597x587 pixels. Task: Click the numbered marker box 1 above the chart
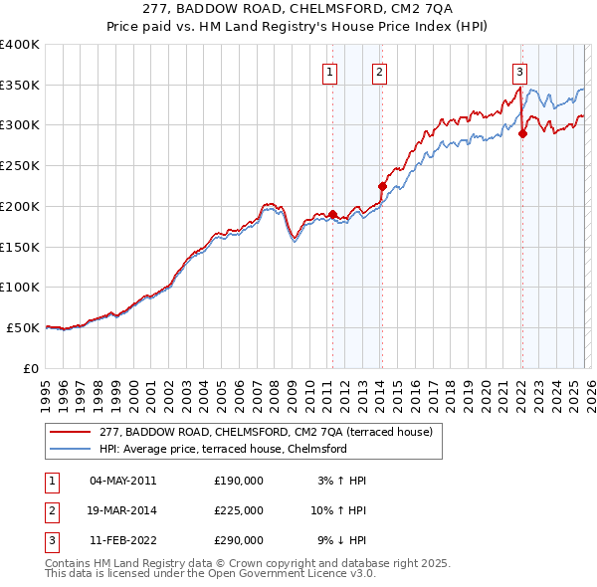[329, 71]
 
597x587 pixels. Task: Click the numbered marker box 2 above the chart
[380, 71]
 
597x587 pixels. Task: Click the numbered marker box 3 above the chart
[519, 71]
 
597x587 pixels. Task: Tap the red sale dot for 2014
[382, 186]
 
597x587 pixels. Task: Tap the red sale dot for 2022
[522, 133]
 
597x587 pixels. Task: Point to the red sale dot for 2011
[332, 214]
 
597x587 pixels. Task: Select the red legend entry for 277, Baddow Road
[266, 433]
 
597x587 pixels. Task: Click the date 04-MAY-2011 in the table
[122, 481]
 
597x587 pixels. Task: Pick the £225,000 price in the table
[238, 510]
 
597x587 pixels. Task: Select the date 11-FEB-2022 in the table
[122, 540]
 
